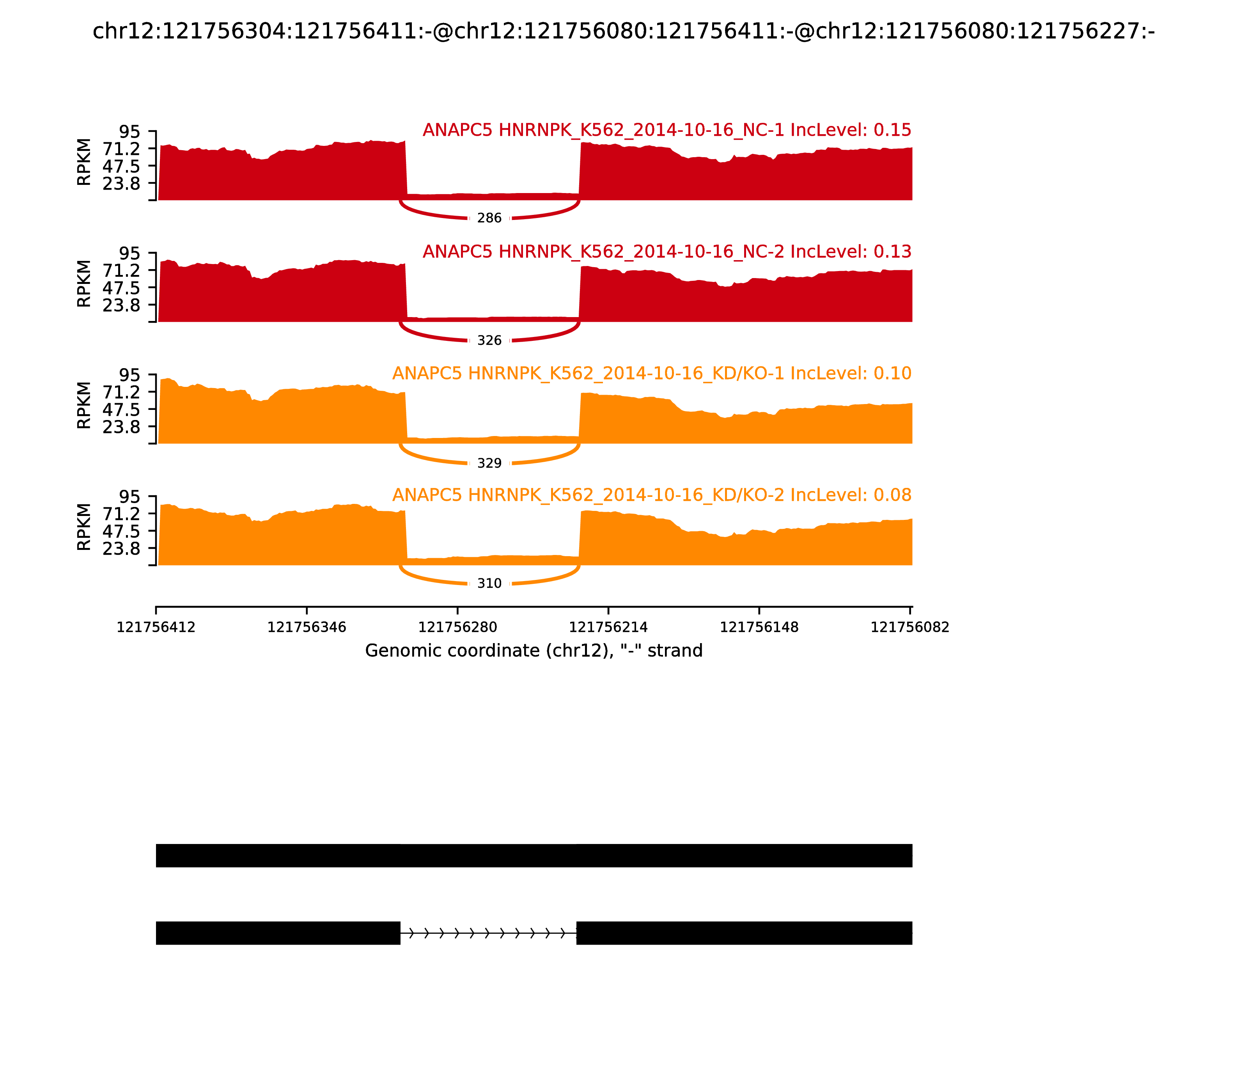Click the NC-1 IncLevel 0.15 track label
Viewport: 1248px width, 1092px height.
coord(667,130)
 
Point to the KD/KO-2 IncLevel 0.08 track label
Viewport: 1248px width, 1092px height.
coord(651,495)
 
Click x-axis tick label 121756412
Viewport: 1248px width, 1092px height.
coord(156,628)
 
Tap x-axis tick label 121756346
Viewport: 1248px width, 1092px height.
coord(307,628)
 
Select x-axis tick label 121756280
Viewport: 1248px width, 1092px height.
coord(457,628)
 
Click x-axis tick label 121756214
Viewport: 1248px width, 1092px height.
coord(608,628)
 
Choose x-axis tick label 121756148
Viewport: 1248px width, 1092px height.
coord(759,628)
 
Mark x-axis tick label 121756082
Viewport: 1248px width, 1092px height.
coord(910,628)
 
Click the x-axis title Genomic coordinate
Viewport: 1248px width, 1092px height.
coord(534,651)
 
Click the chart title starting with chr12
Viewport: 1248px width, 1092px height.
coord(623,31)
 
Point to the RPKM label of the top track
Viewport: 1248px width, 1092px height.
coord(84,162)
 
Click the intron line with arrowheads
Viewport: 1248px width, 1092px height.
coord(487,933)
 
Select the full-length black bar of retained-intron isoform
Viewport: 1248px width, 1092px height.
coord(534,856)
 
